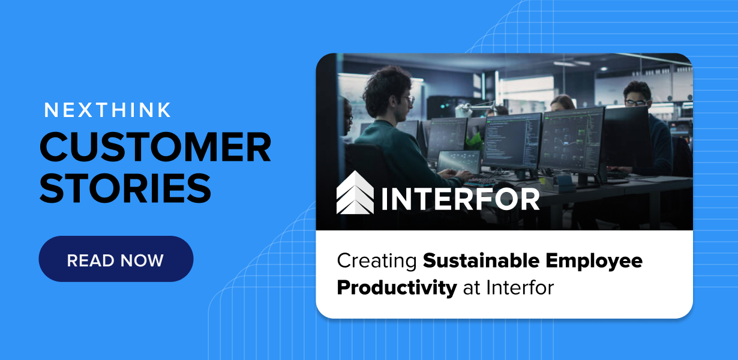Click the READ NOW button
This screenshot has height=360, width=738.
(x=116, y=259)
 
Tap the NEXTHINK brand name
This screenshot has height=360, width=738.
(x=108, y=110)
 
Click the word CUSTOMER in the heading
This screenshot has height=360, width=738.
(x=155, y=147)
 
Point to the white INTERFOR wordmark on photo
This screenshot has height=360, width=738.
(x=460, y=200)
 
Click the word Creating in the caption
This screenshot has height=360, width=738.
(x=376, y=261)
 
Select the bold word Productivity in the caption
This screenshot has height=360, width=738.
(x=397, y=287)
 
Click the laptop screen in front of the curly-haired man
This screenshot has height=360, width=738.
(x=458, y=161)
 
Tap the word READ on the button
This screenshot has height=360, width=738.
(x=89, y=260)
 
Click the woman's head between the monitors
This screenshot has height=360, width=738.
(x=562, y=103)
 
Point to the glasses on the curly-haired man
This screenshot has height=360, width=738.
(x=409, y=99)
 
